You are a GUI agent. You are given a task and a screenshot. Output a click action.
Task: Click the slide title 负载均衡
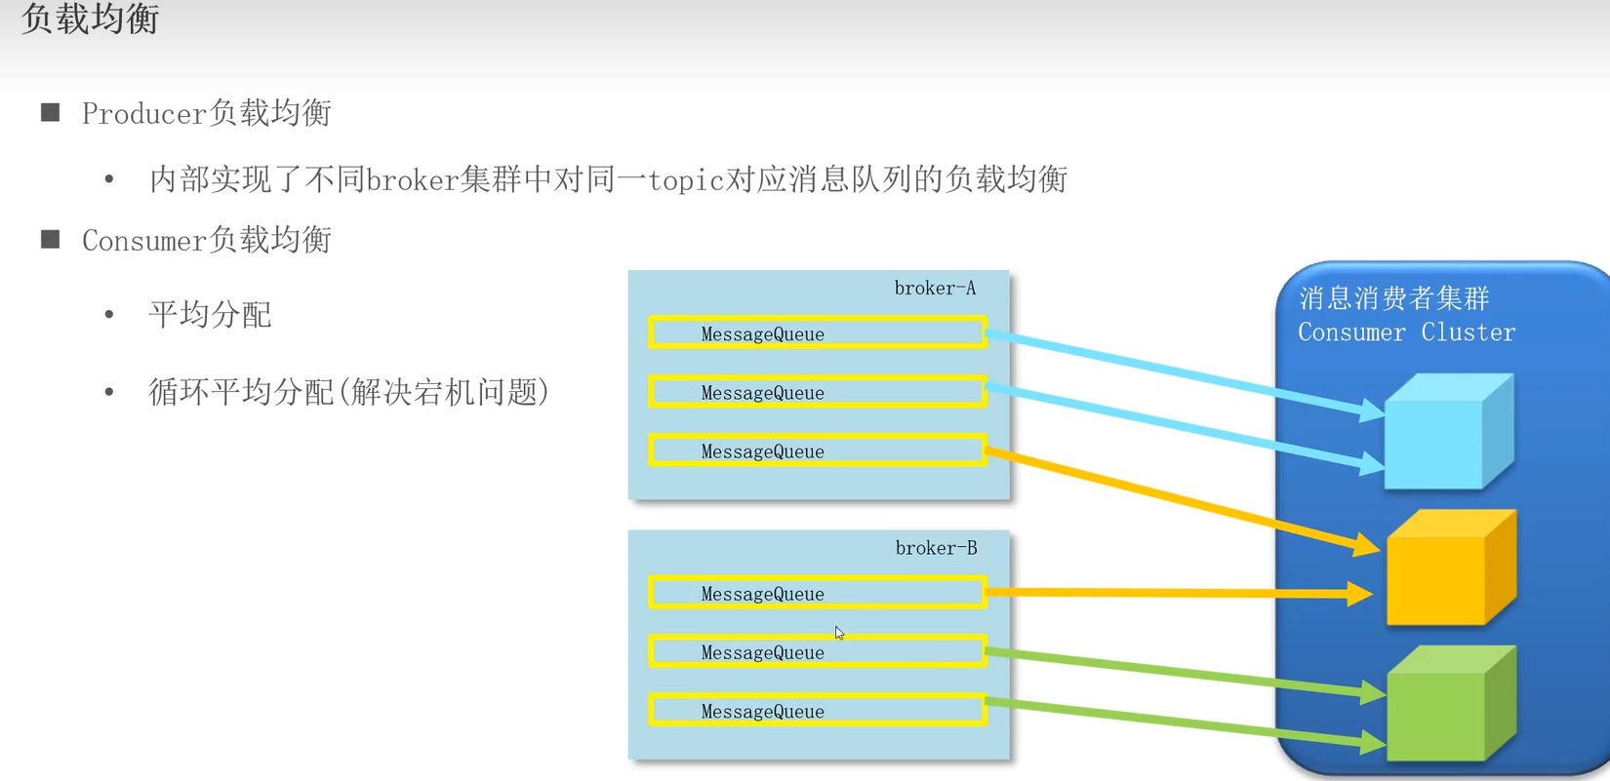coord(90,20)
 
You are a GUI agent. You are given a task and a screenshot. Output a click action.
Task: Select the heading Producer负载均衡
coord(206,113)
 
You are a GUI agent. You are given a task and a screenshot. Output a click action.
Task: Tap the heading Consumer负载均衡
coord(206,240)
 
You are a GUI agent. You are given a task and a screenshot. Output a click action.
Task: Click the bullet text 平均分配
coord(210,315)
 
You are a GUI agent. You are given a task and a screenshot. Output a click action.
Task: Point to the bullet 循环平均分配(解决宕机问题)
coord(348,392)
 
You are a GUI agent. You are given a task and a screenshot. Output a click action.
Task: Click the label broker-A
coord(935,289)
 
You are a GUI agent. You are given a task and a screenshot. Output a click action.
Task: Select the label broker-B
coord(936,548)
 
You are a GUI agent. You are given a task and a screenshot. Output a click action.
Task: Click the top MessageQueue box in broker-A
coord(817,333)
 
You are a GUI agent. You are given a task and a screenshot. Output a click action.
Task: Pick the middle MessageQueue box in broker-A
coord(817,392)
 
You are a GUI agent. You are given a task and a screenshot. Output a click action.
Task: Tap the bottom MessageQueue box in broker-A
coord(817,450)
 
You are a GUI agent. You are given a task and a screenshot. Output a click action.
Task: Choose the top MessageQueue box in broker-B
coord(817,593)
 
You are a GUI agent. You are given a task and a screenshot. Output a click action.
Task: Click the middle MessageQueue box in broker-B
coord(817,652)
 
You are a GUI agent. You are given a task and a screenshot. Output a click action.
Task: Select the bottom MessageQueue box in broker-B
coord(817,711)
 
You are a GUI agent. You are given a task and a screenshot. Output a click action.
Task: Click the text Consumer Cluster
coord(1406,332)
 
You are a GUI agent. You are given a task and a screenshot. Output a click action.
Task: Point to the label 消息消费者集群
coord(1393,298)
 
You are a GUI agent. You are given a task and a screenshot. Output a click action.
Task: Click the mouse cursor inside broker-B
coord(839,633)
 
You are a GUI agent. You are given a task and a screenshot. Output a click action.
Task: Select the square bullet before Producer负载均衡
coord(51,113)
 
